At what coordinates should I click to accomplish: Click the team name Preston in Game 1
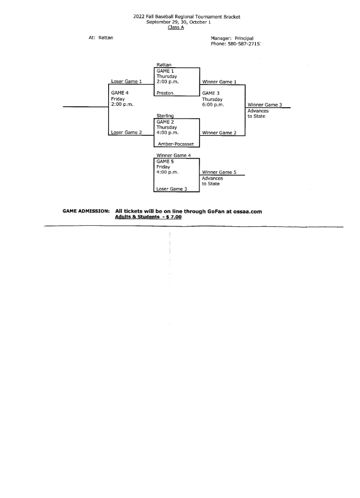tap(165, 93)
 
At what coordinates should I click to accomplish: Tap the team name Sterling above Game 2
tap(165, 116)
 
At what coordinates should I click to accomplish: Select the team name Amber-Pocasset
tap(176, 144)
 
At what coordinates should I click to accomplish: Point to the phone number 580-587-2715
tap(244, 44)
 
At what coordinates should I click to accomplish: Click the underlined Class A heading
tap(176, 27)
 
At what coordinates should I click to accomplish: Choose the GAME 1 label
tap(165, 71)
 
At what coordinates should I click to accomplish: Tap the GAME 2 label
tap(165, 122)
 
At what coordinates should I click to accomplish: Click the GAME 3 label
tap(211, 93)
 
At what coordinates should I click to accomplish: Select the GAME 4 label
tap(120, 93)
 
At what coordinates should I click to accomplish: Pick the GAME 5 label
tap(165, 162)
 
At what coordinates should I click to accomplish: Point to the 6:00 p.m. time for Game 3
tap(213, 105)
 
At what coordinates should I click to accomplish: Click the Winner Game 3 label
tap(265, 105)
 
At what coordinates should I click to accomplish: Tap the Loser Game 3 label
tap(172, 189)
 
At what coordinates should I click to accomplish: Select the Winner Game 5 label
tap(219, 172)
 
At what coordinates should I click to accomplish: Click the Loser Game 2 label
tap(126, 132)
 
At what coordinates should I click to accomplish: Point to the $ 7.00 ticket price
tap(174, 217)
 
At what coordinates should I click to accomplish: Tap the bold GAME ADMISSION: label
tap(86, 211)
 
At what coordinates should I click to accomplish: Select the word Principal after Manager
tap(244, 39)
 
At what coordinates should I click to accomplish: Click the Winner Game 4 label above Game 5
tap(174, 155)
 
